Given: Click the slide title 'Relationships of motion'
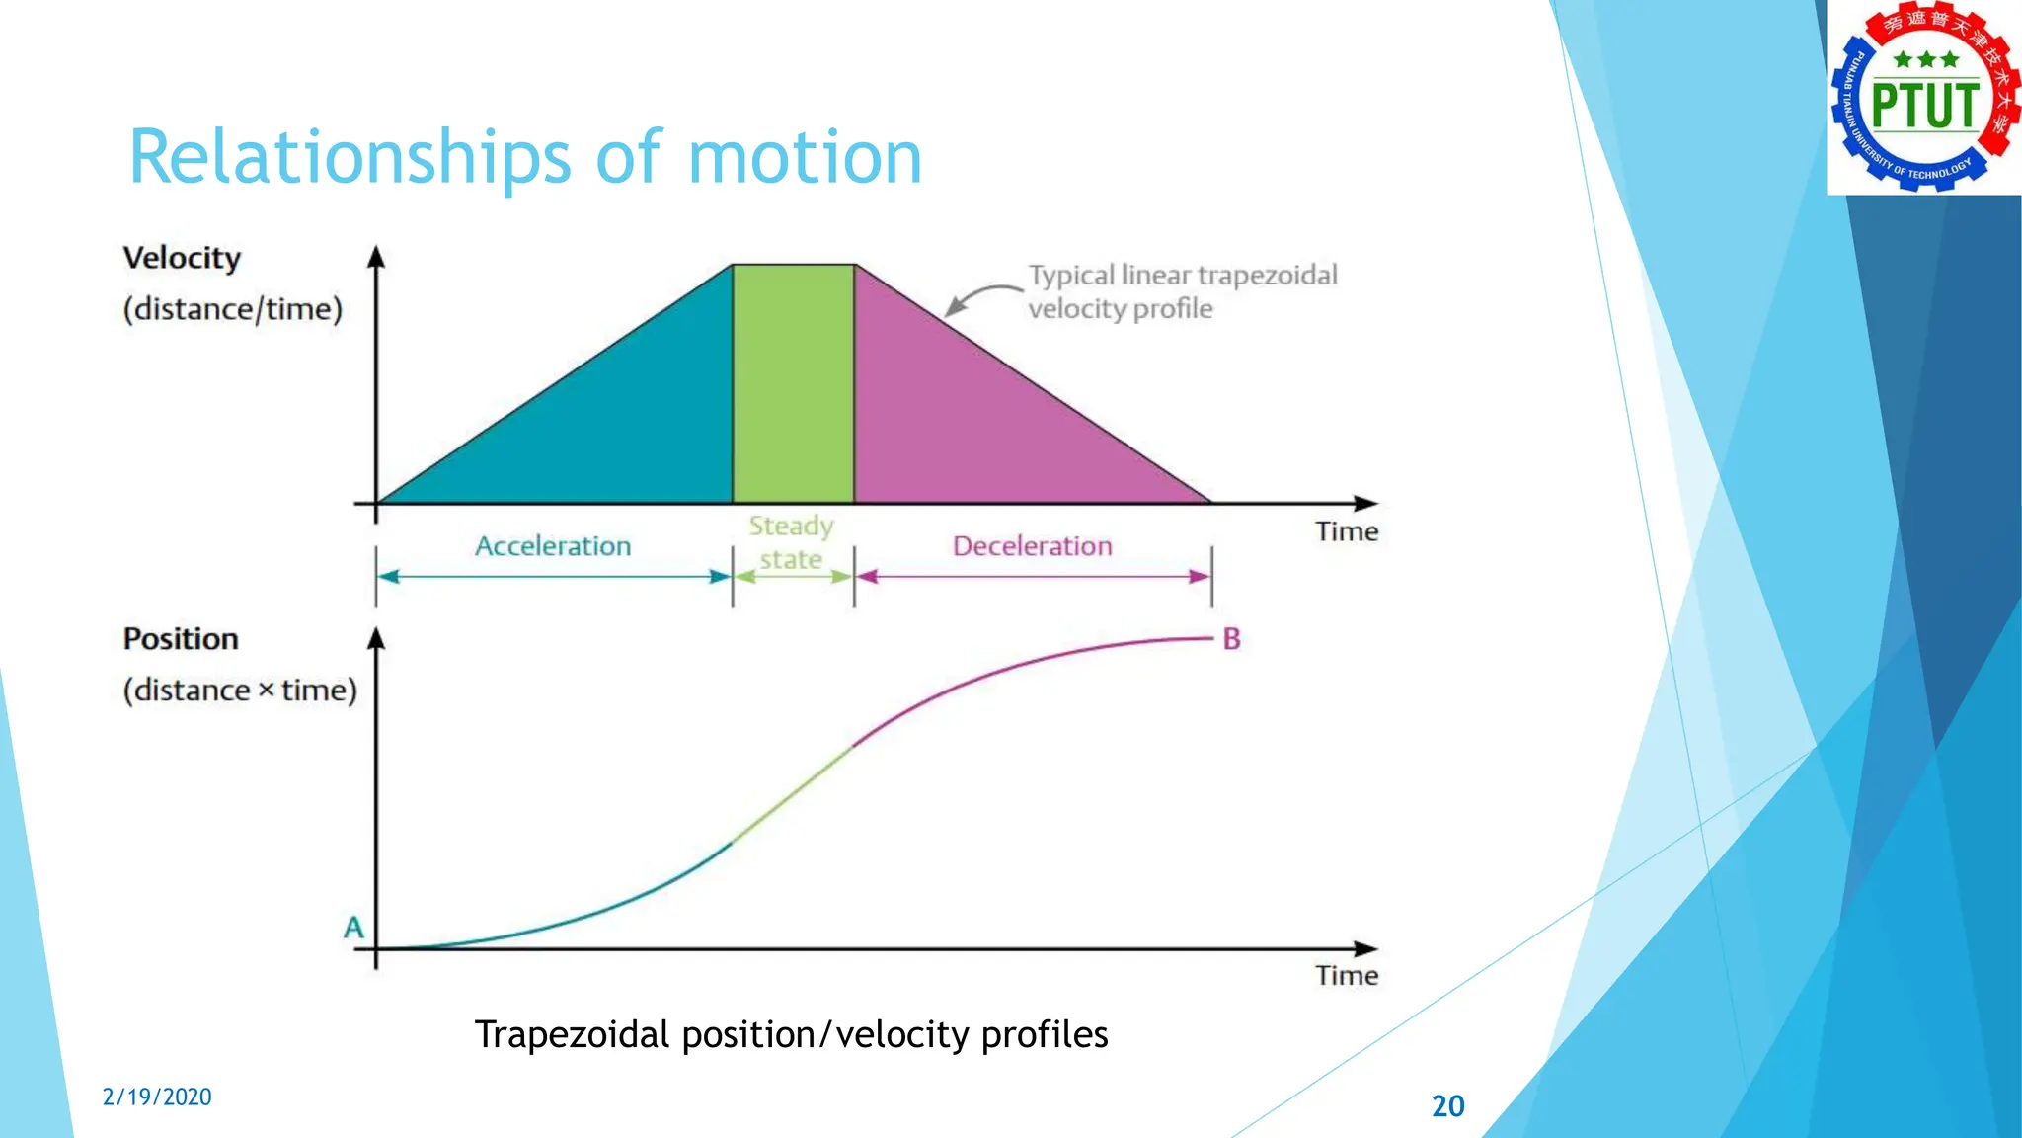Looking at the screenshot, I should coord(525,157).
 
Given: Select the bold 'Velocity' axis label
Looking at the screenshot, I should coord(182,258).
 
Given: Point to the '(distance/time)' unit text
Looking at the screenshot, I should coord(233,309).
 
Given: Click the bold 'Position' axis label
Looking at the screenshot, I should coord(181,639).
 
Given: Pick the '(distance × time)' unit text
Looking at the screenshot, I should coord(240,690).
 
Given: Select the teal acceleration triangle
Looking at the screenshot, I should coord(612,425).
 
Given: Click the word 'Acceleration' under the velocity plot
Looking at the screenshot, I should coord(553,546).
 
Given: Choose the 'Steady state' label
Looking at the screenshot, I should coord(791,542).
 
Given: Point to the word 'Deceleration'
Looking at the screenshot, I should coord(1032,546).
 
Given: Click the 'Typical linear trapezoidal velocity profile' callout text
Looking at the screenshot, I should coord(1182,291).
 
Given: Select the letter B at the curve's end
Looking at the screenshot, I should coord(1231,639).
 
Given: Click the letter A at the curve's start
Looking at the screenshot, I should coord(353,928).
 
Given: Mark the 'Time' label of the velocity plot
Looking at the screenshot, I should coord(1347,531).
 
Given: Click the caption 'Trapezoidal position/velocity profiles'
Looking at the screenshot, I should coord(791,1034).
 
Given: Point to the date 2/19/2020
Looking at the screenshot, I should coord(157,1097).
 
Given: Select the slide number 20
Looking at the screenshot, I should coord(1447,1105).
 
